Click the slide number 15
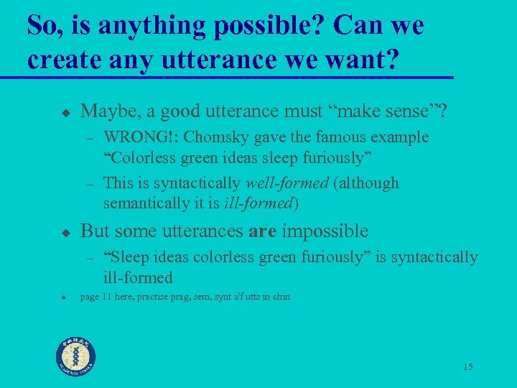click(x=467, y=367)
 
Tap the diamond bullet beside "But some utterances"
click(x=64, y=232)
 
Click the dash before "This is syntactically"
click(x=90, y=184)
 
